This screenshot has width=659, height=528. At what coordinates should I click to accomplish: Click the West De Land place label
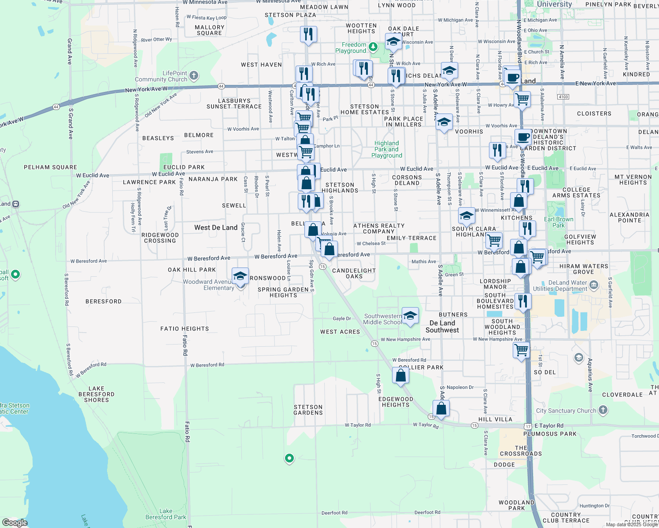(216, 227)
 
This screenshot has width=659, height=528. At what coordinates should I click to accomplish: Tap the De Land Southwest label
(442, 326)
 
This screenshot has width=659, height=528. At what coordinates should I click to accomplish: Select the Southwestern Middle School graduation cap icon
(410, 316)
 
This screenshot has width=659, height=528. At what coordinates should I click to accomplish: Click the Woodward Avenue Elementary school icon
(240, 277)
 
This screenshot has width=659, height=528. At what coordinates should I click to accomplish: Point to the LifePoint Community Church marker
(194, 77)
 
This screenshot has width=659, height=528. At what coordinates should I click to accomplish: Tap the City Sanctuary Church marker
(603, 411)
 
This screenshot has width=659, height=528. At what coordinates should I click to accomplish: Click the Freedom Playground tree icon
(374, 47)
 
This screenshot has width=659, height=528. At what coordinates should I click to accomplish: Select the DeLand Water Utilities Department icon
(593, 285)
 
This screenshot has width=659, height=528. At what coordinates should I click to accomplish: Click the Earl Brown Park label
(559, 222)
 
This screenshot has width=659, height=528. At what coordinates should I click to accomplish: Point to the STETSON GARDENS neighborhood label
(308, 410)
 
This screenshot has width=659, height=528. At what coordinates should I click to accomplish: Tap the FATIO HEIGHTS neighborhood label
(185, 329)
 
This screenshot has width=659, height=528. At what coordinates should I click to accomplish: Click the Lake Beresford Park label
(166, 514)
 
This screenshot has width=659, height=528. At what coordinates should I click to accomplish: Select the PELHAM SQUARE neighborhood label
(50, 167)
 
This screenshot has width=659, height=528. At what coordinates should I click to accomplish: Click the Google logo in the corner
(15, 522)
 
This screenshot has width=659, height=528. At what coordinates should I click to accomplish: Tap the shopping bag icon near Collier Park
(400, 376)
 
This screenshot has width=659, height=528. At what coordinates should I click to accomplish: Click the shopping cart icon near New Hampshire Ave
(522, 351)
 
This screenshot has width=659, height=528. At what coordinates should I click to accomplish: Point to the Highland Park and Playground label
(387, 149)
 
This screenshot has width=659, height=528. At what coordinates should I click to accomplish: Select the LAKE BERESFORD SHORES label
(96, 394)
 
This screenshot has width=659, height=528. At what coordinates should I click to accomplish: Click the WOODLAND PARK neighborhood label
(516, 505)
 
